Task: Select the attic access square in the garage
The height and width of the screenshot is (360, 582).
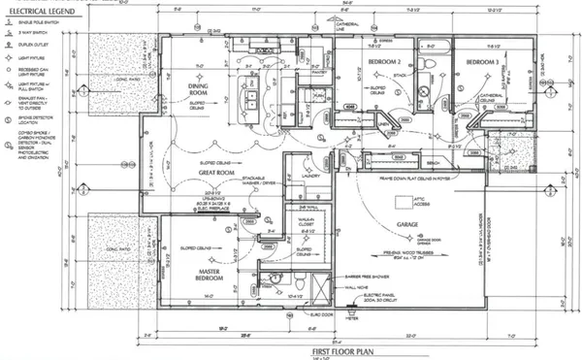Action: pos(403,203)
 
